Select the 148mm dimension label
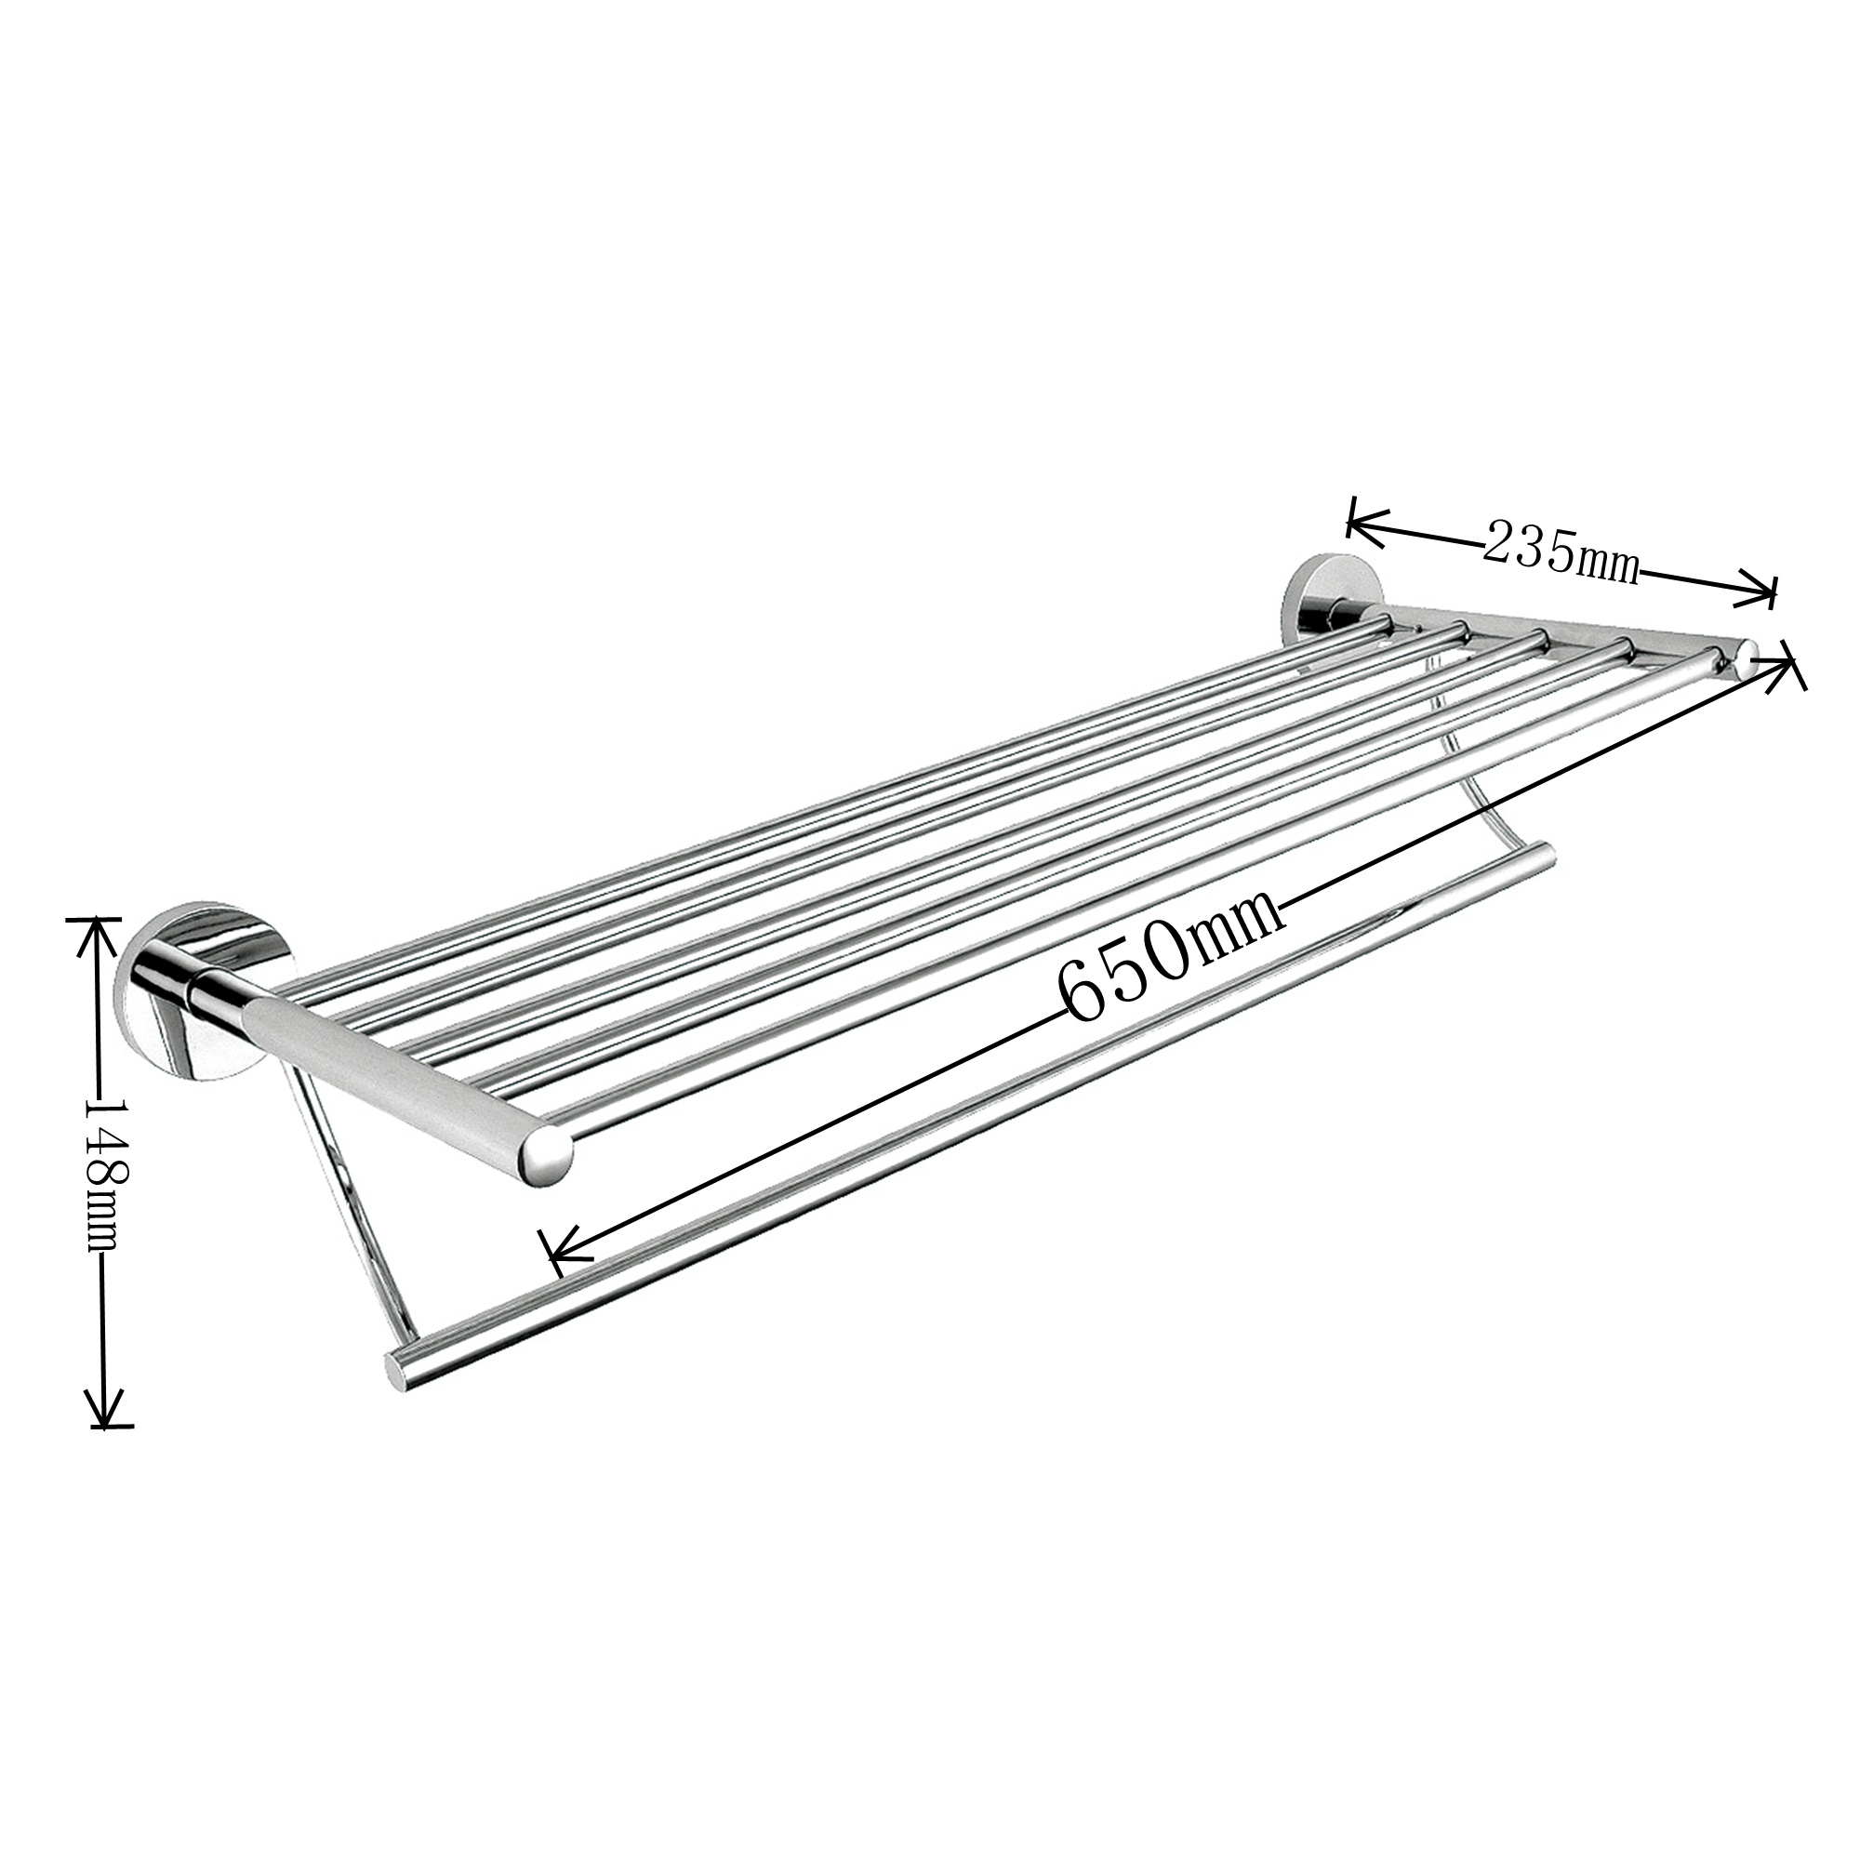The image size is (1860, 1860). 103,1170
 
